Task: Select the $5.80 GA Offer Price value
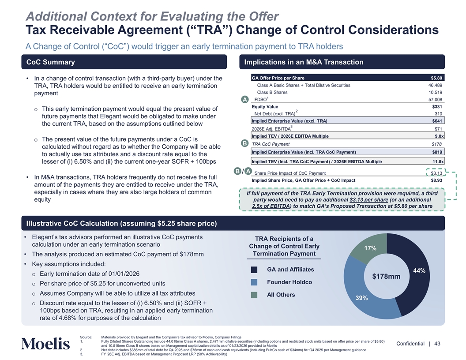pyautogui.click(x=436, y=78)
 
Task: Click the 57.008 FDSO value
pyautogui.click(x=434, y=100)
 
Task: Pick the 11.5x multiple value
pyautogui.click(x=436, y=161)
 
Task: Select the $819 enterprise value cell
pyautogui.click(x=436, y=152)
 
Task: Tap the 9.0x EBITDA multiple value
pyautogui.click(x=436, y=136)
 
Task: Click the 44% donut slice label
pyautogui.click(x=418, y=271)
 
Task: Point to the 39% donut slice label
pyautogui.click(x=361, y=298)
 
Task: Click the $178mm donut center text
pyautogui.click(x=386, y=277)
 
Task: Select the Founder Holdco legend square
pyautogui.click(x=254, y=282)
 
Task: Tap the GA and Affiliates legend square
pyautogui.click(x=254, y=270)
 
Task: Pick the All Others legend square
pyautogui.click(x=254, y=295)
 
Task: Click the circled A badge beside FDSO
pyautogui.click(x=244, y=99)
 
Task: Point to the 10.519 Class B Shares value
pyautogui.click(x=434, y=92)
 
